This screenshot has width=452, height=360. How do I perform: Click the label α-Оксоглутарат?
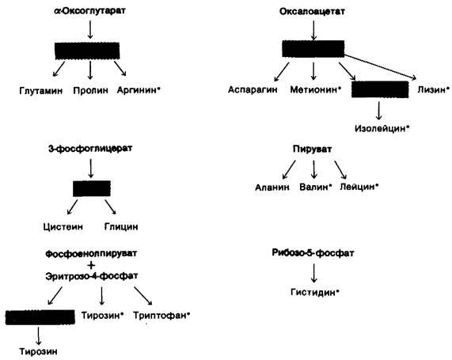point(90,11)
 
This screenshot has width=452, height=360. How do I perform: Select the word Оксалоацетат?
point(312,12)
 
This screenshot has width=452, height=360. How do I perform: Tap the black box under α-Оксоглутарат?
point(87,51)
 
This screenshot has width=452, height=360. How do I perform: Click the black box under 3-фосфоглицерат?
point(92,188)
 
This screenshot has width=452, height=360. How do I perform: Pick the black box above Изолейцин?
point(380,89)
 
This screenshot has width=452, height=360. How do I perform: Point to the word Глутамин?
point(41,91)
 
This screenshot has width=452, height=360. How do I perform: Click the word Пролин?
point(90,90)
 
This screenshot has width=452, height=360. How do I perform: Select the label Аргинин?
point(136,90)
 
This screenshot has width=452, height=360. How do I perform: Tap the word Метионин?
point(313,89)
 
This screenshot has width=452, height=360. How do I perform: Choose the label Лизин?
point(431,89)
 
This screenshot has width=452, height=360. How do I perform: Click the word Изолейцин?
point(380,128)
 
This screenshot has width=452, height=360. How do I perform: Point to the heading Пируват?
point(312,149)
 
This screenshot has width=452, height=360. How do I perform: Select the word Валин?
point(313,187)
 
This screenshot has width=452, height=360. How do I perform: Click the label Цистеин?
point(63,226)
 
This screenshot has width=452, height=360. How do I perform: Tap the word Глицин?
point(121,226)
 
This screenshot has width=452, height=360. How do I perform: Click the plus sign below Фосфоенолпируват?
point(91,265)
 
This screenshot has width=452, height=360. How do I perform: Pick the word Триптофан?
point(160,316)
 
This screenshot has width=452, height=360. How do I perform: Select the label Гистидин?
point(313,292)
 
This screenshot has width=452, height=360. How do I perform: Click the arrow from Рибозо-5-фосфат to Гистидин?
point(314,273)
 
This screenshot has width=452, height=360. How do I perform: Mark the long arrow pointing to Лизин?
point(380,66)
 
